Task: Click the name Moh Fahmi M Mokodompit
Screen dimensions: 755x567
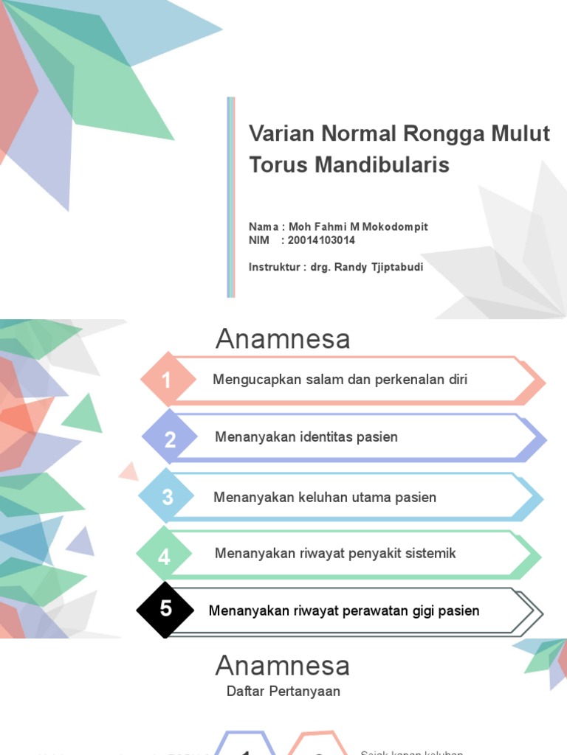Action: pos(358,226)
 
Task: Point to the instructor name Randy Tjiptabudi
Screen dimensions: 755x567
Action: pos(379,267)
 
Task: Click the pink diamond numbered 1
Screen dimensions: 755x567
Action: pos(168,380)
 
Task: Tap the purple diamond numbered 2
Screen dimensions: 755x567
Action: pos(171,439)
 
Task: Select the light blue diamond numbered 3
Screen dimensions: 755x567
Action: pos(168,497)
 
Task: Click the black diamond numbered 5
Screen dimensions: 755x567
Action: pos(166,609)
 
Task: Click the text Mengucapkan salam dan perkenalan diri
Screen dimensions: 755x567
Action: pos(340,380)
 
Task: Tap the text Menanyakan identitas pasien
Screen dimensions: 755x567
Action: pos(306,437)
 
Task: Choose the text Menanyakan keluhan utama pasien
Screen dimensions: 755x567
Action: pos(325,497)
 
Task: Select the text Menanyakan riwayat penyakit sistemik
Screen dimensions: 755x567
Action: pos(335,553)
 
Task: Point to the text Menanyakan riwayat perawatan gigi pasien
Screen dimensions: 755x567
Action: pos(344,610)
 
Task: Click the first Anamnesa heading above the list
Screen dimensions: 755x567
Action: pos(282,339)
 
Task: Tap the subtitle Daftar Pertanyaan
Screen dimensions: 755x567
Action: pos(283,691)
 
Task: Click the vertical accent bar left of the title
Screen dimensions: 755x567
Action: pos(231,198)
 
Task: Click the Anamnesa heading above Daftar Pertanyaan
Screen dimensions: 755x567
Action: pos(282,666)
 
